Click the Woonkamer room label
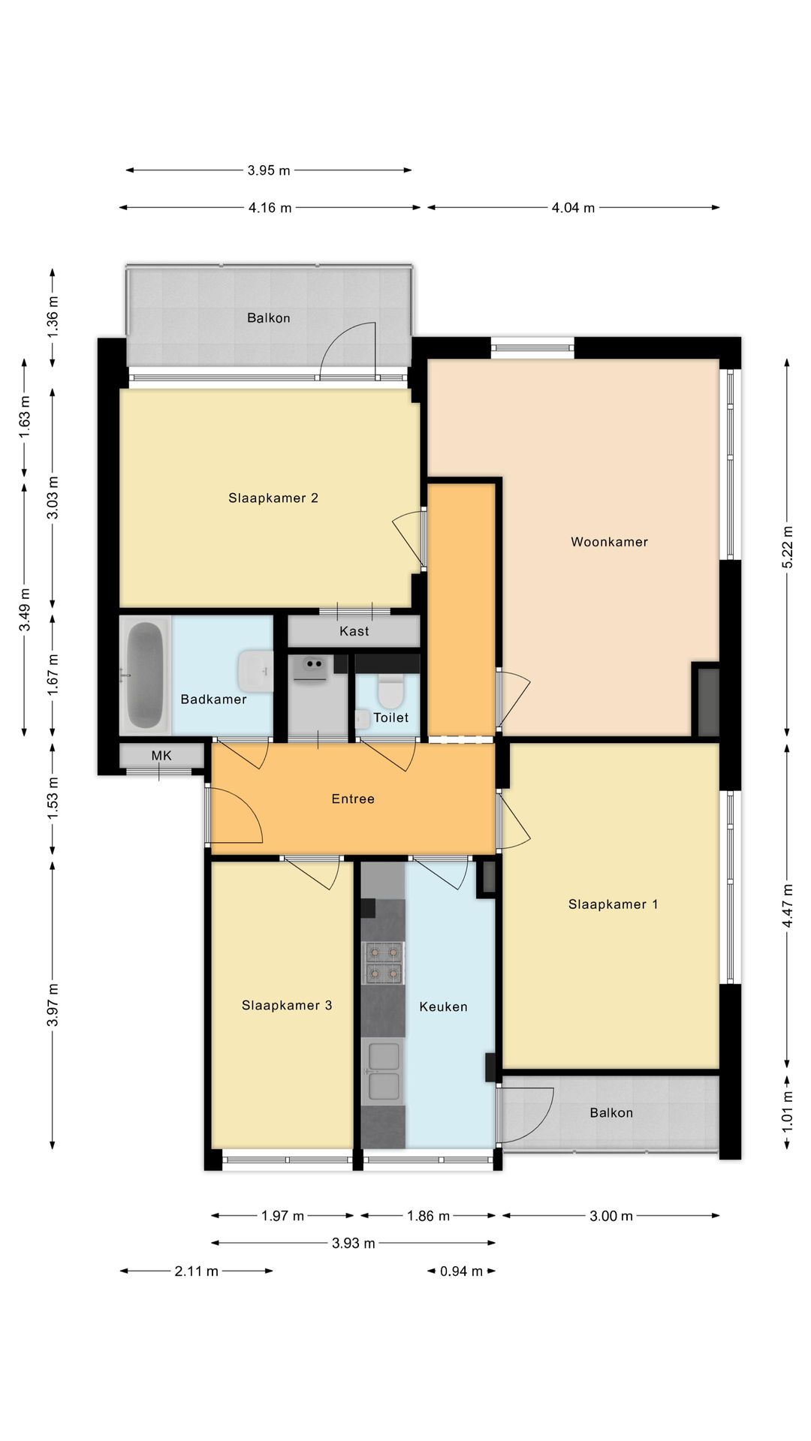(x=609, y=542)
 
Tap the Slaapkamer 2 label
(x=273, y=498)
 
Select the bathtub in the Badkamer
(x=146, y=675)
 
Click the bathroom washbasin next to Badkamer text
(x=255, y=670)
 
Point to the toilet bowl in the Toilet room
(x=390, y=691)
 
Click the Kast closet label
(x=354, y=631)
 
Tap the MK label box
(x=161, y=756)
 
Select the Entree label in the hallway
(x=353, y=799)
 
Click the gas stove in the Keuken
(x=383, y=963)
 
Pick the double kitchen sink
(x=383, y=1071)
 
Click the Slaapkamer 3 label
(x=287, y=1006)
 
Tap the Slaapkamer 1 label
(x=613, y=904)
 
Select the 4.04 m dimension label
(x=573, y=208)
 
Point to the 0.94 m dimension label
(x=461, y=1271)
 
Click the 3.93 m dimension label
(x=353, y=1244)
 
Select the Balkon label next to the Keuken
(x=611, y=1113)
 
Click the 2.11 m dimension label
(x=196, y=1271)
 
